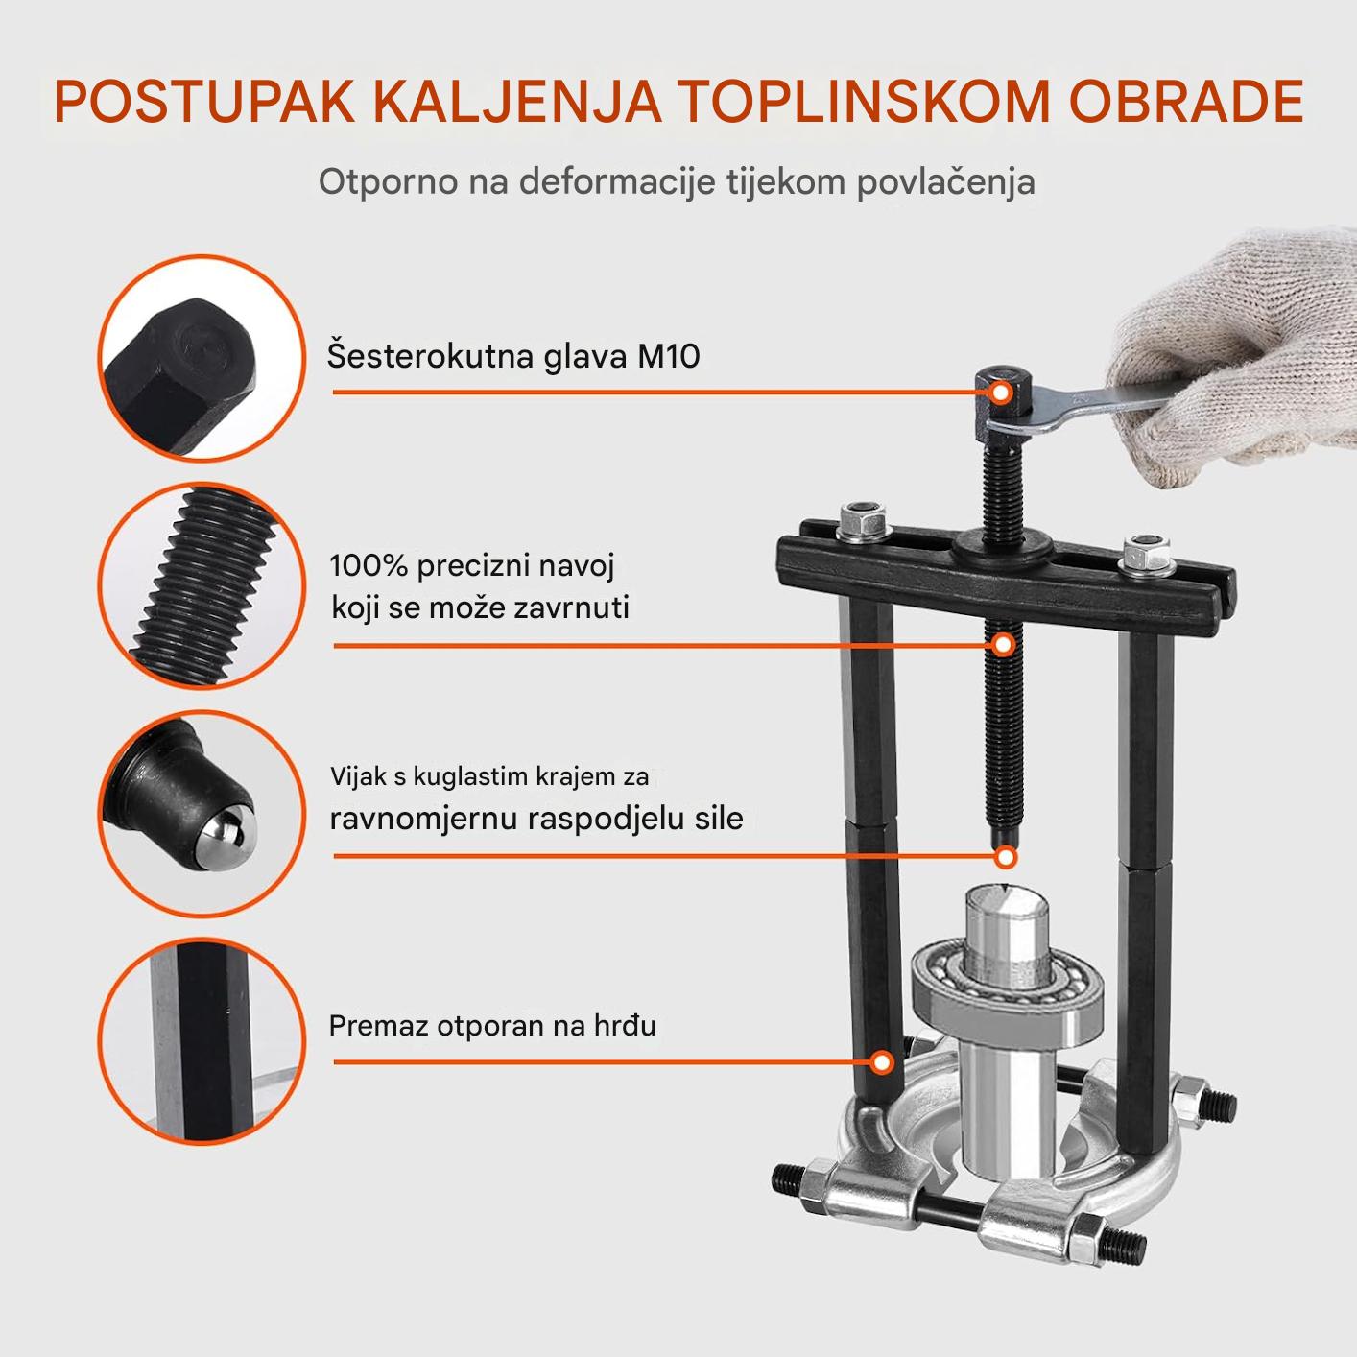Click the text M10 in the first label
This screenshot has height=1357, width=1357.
[x=668, y=356]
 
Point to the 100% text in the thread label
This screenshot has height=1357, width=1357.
[x=369, y=565]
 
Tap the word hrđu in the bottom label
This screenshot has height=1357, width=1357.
[x=626, y=1026]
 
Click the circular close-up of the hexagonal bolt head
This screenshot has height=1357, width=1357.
[x=202, y=358]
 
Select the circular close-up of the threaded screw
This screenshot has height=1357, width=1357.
[x=202, y=586]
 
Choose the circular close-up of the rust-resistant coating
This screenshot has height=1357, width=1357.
[x=202, y=1042]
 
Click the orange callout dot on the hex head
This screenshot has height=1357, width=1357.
[x=1001, y=393]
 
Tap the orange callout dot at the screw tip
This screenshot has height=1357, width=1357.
[x=1007, y=857]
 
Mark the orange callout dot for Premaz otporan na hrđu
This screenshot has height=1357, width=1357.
[x=881, y=1062]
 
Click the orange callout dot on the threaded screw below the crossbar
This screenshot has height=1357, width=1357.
[x=1003, y=644]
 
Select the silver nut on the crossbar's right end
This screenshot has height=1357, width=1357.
[x=1147, y=556]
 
